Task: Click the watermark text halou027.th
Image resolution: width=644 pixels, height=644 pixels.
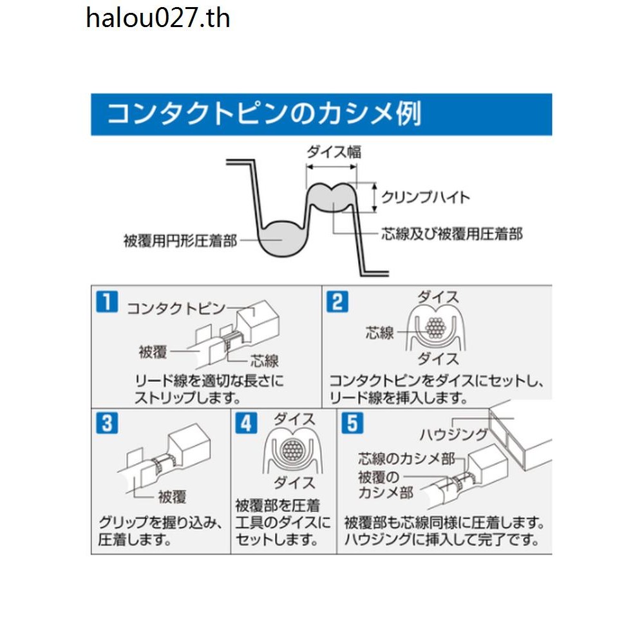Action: click(x=158, y=19)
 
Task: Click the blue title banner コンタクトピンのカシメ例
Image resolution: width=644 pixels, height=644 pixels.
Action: click(x=321, y=114)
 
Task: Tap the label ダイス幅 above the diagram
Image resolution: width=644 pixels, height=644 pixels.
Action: click(x=334, y=153)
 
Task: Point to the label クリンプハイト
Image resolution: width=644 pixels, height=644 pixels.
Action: click(x=426, y=198)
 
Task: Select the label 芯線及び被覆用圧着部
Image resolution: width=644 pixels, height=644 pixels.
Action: click(x=452, y=234)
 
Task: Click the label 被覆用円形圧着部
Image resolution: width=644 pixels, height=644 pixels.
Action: click(x=180, y=241)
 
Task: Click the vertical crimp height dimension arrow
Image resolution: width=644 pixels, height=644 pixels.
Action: click(x=375, y=198)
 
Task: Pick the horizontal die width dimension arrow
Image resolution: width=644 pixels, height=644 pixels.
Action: click(x=332, y=167)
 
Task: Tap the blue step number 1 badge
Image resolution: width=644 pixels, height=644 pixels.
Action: click(x=107, y=302)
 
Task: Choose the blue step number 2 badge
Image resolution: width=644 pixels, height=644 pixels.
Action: click(x=337, y=302)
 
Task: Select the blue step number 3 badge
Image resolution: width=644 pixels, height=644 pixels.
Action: click(x=107, y=423)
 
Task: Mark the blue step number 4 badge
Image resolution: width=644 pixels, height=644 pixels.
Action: click(x=247, y=423)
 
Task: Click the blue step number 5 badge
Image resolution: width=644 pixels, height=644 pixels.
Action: click(x=353, y=423)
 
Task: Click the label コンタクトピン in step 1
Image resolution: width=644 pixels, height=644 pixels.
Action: click(x=176, y=308)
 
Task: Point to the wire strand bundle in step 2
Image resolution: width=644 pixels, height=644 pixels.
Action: click(x=435, y=328)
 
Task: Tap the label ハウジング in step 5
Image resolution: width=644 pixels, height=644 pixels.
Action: click(x=453, y=435)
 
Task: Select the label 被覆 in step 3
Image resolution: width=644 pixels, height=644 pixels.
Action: click(x=173, y=497)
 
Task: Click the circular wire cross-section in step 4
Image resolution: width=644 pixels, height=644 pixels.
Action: click(x=292, y=451)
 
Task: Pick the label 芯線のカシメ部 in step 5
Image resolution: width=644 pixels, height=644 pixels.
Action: click(x=406, y=459)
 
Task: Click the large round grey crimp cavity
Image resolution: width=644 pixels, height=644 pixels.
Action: click(x=282, y=240)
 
